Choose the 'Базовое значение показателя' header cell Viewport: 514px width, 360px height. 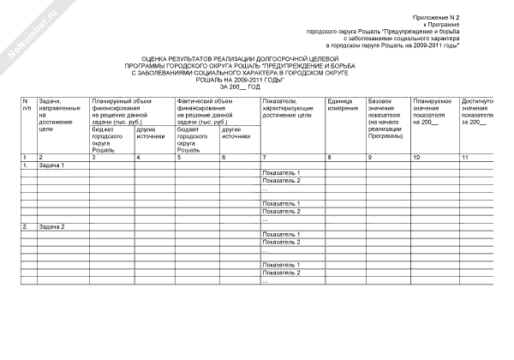[385, 119]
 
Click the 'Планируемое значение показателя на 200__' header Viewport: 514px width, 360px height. [433, 111]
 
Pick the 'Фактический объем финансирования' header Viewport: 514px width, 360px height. [214, 111]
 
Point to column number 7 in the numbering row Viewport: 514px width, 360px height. [265, 157]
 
